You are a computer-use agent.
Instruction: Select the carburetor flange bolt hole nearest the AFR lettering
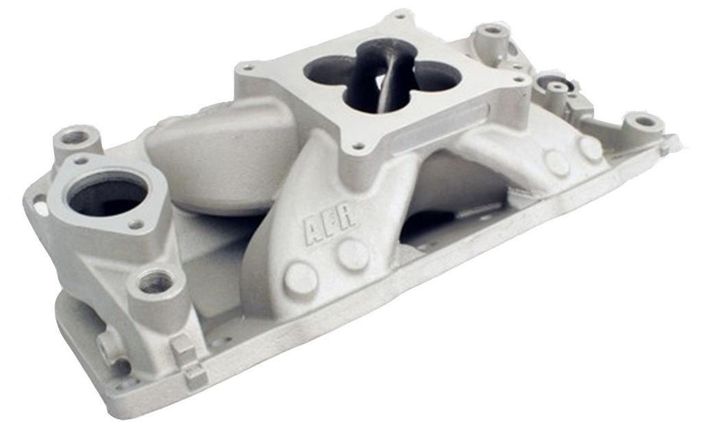pyautogui.click(x=358, y=145)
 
